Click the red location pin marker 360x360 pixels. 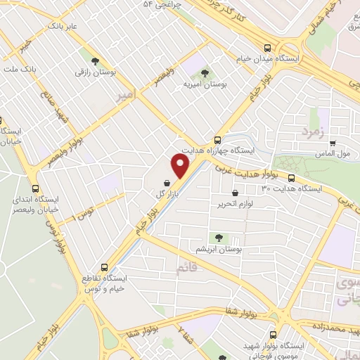click(181, 167)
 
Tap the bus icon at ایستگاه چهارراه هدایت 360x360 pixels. click(217, 139)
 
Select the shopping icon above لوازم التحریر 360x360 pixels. click(235, 192)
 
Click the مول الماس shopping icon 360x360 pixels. click(333, 141)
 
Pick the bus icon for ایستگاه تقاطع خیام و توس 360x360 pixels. click(104, 267)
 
